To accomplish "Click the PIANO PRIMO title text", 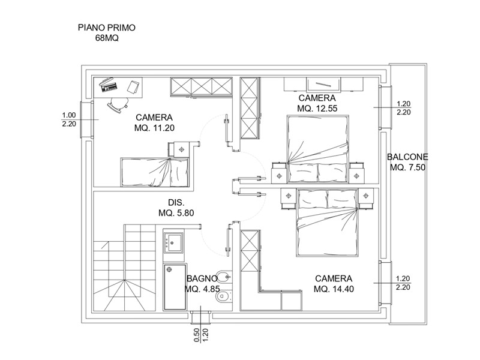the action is coord(107,28).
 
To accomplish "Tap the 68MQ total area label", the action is coord(107,38).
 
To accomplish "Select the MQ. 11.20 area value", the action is coord(154,128).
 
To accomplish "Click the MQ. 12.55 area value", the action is coord(317,109).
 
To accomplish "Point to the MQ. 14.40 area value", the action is coord(334,289).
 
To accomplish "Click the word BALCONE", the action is coord(407,157).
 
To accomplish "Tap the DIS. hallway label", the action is coord(176,202).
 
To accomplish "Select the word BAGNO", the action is coord(202,278).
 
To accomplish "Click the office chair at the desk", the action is coord(118,104).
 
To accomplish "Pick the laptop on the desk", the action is coord(109,85).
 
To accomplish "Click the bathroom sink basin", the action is coord(173,242).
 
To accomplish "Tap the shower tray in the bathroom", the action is coord(175,287).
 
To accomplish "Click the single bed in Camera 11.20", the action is coord(155,172).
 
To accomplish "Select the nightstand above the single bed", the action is coord(181,149).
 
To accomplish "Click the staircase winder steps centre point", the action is coord(125,280).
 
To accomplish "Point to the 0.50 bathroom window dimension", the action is coord(197,335).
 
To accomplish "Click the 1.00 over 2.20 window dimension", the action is coord(69,119).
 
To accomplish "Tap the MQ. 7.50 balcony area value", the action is coord(408,168).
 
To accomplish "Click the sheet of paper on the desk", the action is coord(133,86).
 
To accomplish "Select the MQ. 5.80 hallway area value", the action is coord(176,213).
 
